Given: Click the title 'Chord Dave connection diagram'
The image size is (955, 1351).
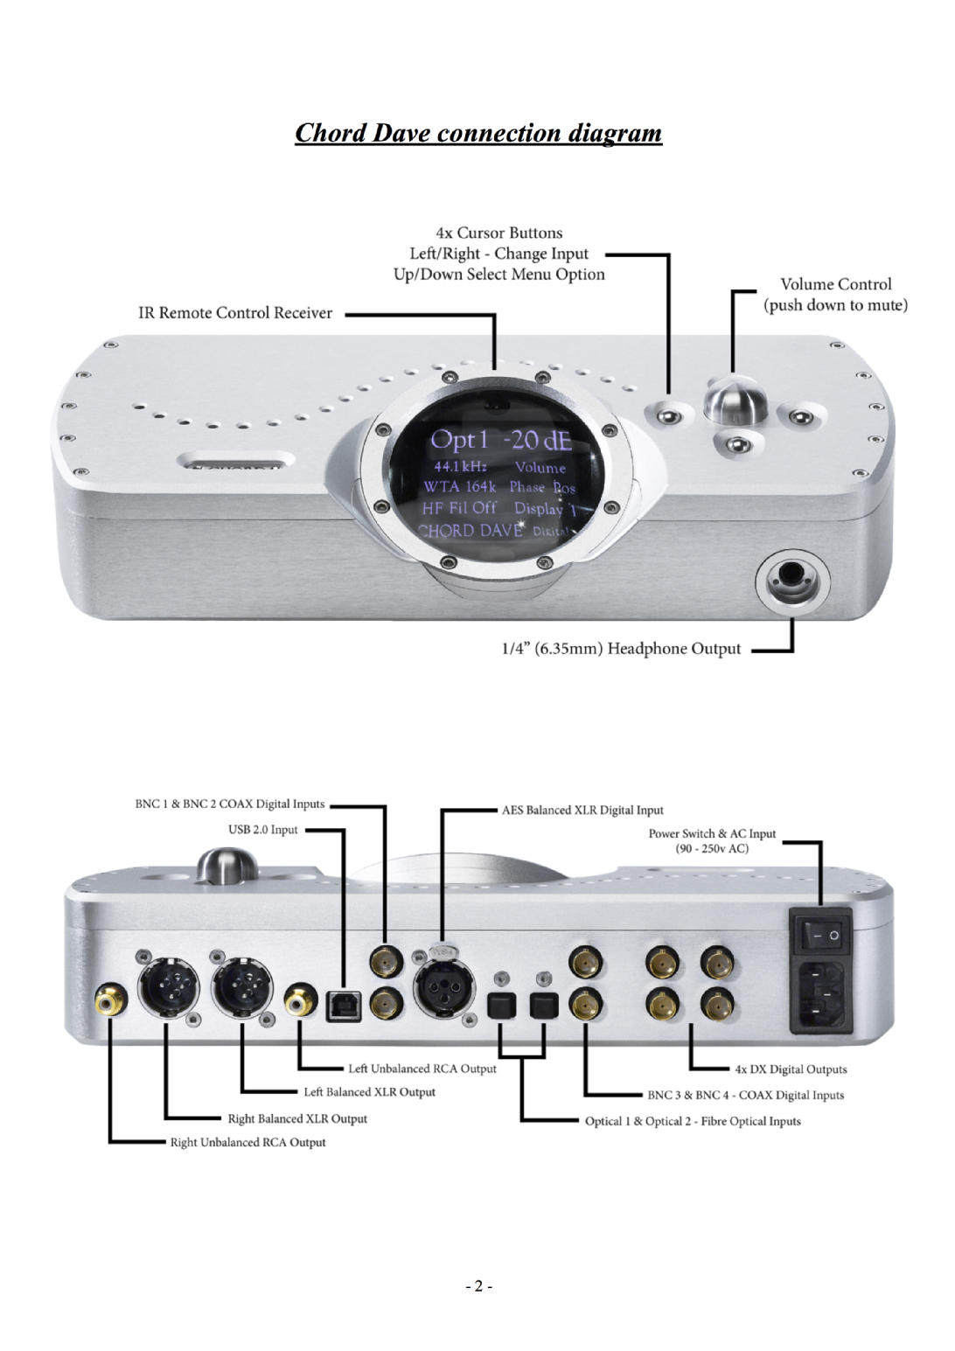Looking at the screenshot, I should (x=477, y=133).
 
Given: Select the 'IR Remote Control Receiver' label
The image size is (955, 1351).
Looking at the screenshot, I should (x=235, y=313).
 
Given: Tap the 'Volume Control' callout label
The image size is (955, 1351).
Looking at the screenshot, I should (x=835, y=284).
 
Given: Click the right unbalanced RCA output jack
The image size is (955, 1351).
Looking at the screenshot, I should (x=111, y=998).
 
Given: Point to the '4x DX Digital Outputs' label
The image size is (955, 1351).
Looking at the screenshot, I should (x=790, y=1069).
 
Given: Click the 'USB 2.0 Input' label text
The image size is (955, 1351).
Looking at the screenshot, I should (x=263, y=830).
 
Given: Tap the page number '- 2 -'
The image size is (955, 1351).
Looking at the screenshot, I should (x=477, y=1286).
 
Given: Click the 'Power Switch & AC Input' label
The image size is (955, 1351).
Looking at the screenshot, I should (x=712, y=833).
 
